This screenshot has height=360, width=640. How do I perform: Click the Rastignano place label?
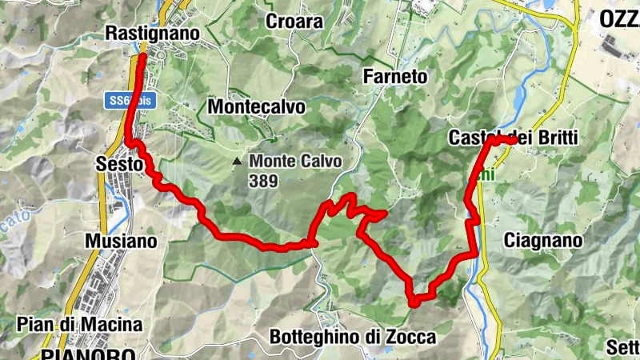click(152, 34)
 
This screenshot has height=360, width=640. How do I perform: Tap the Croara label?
click(295, 22)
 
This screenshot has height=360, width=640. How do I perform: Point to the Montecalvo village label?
click(256, 106)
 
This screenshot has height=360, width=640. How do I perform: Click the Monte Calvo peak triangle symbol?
click(236, 162)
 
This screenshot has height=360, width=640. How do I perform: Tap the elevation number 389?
click(263, 181)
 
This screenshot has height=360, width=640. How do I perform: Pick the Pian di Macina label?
click(79, 325)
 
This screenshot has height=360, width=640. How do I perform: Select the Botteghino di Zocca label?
click(353, 338)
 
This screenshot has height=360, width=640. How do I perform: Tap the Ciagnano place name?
click(544, 240)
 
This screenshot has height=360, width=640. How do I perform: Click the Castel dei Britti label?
click(512, 138)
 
